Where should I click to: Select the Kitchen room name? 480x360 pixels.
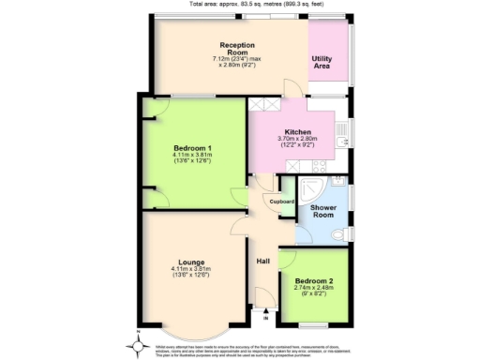pyautogui.click(x=297, y=132)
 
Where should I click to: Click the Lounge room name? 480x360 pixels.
pyautogui.click(x=192, y=262)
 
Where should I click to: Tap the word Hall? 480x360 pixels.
pyautogui.click(x=263, y=262)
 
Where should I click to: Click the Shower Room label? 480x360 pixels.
pyautogui.click(x=323, y=210)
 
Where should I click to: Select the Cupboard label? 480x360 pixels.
pyautogui.click(x=282, y=202)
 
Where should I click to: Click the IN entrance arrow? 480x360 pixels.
pyautogui.click(x=265, y=315)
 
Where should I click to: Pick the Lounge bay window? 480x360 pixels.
pyautogui.click(x=191, y=328)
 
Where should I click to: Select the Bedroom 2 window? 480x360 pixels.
pyautogui.click(x=313, y=324)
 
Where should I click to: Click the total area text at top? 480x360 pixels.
pyautogui.click(x=240, y=4)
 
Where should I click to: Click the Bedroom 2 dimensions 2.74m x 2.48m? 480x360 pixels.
pyautogui.click(x=313, y=291)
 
